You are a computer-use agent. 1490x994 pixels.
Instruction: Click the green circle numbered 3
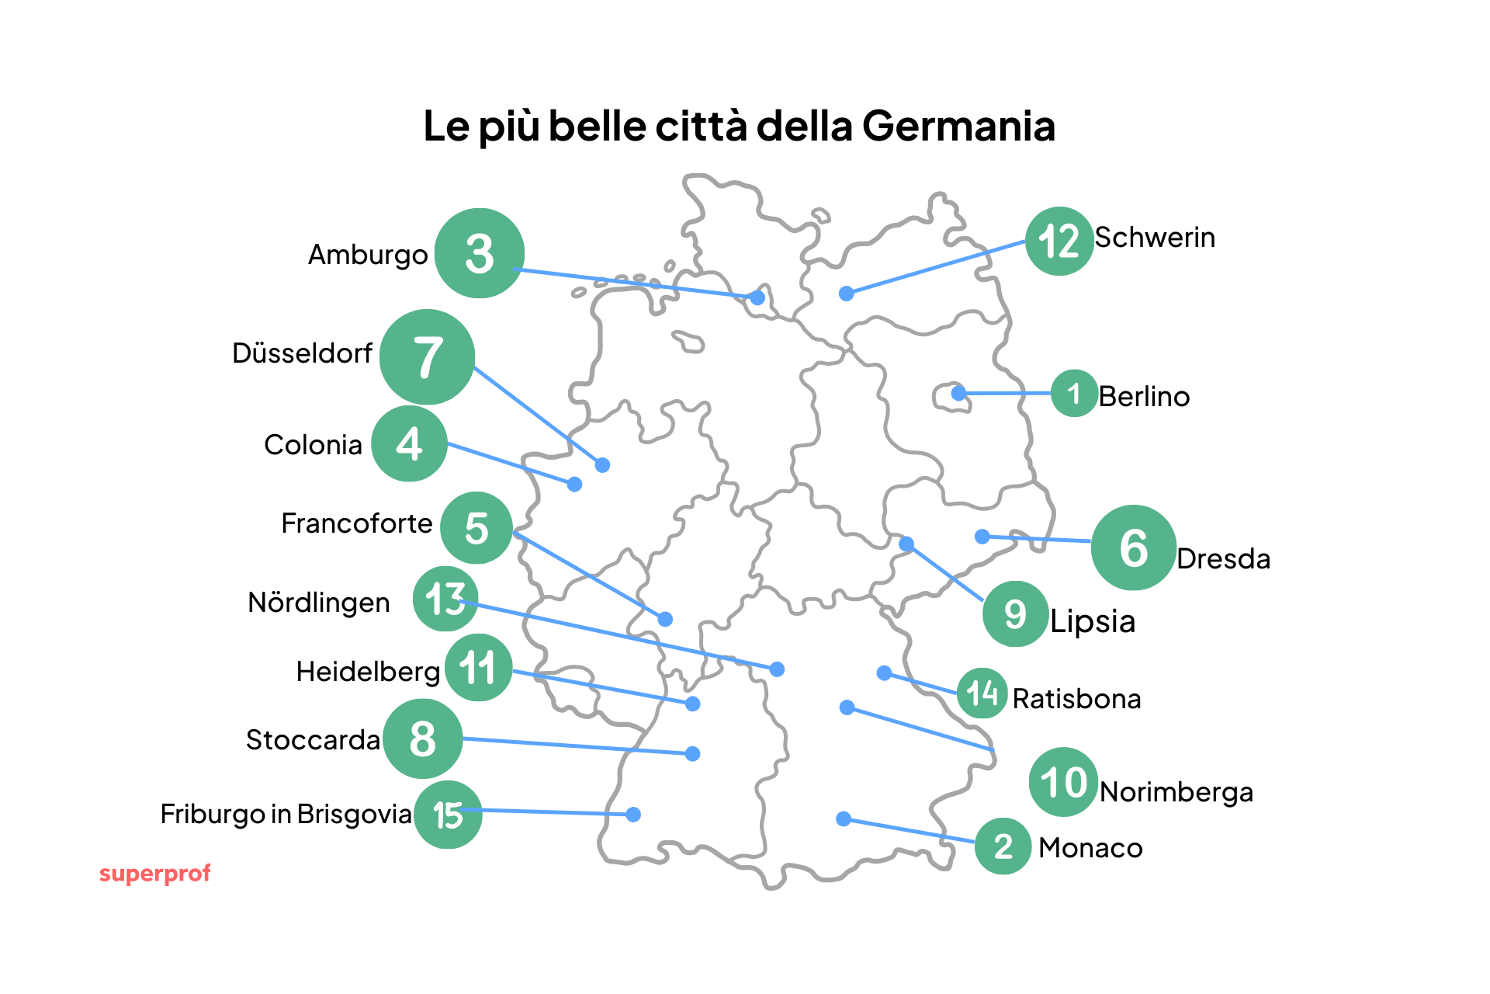coord(479,253)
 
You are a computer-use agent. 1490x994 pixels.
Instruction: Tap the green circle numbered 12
coord(1059,241)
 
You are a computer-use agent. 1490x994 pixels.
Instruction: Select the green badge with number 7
coord(427,357)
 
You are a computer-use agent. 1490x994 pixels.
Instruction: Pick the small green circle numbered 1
coord(1074,394)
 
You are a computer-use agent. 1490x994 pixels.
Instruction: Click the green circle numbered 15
coord(448,815)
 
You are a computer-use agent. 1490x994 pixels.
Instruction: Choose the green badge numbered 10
coord(1063,782)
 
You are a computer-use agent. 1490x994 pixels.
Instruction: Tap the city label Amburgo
coord(368,255)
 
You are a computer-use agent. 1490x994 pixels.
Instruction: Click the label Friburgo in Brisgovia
coord(286,814)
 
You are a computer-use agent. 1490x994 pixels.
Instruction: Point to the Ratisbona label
coord(1076,699)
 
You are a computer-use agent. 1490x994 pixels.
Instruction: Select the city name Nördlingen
coord(318,603)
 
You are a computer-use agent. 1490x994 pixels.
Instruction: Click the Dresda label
coord(1223,559)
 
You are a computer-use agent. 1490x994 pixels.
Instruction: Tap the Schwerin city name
coord(1155,238)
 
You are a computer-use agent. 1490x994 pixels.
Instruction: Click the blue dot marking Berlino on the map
coord(958,393)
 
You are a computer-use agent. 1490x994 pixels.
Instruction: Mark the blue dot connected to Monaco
coord(844,818)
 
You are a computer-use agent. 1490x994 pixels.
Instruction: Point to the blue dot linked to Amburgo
coord(757,297)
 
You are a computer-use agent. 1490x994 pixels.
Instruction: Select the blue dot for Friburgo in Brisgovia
coord(633,814)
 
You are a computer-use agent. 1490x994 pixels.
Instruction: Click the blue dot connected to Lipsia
coord(906,544)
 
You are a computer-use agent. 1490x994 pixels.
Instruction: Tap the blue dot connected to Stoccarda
coord(693,753)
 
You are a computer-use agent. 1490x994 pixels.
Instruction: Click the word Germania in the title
coord(958,126)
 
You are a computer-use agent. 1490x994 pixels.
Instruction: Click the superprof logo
coord(154,874)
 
